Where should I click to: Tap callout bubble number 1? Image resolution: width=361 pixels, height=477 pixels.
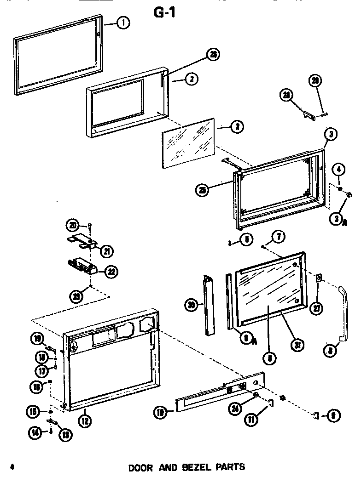[x=122, y=23]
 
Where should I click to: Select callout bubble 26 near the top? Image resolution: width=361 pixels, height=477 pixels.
[x=213, y=55]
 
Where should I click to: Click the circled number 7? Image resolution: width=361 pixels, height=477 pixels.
[x=279, y=237]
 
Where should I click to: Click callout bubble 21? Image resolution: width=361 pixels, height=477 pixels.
[x=107, y=251]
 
